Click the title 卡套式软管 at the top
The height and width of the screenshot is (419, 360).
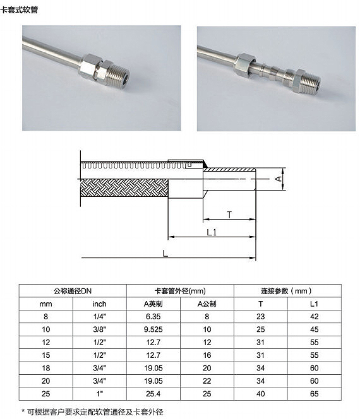pyautogui.click(x=19, y=10)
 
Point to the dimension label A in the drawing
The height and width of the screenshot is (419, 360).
pyautogui.click(x=278, y=179)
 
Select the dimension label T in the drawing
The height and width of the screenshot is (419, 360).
pyautogui.click(x=229, y=215)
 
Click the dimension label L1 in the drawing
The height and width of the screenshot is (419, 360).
pyautogui.click(x=212, y=232)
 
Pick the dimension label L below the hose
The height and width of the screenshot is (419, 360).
pyautogui.click(x=165, y=253)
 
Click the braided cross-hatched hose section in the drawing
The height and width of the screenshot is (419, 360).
pyautogui.click(x=124, y=188)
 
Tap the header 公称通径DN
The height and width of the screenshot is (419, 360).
pyautogui.click(x=73, y=291)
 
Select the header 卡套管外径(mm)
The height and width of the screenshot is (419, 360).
pyautogui.click(x=180, y=291)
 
